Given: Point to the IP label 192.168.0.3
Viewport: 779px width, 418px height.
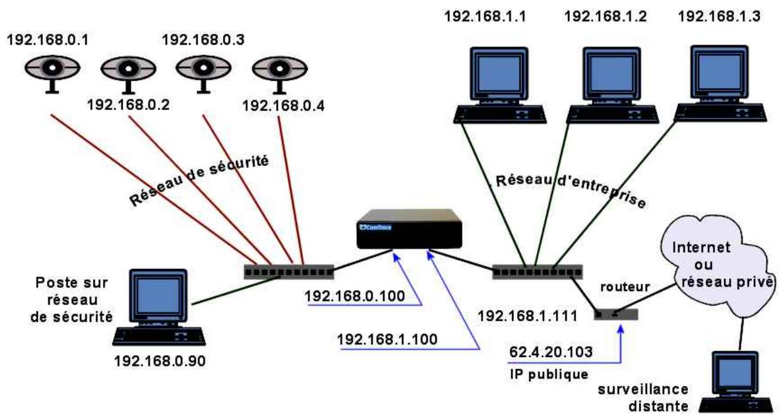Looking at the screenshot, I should point(203,40).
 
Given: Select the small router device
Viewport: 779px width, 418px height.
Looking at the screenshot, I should point(616,314).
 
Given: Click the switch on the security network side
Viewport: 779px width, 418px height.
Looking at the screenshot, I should point(288,272).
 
